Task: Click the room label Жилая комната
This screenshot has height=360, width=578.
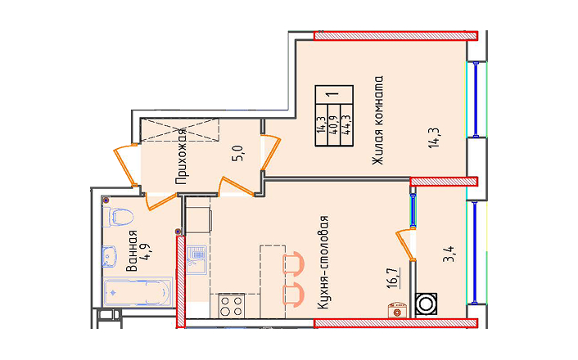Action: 378,120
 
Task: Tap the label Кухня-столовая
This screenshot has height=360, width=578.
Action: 323,263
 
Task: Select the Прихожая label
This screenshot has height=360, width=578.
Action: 181,156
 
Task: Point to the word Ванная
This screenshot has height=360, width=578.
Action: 132,250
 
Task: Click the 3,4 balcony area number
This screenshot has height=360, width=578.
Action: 449,254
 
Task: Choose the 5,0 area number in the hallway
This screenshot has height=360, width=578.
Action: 237,153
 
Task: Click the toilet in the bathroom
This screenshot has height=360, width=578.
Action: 118,217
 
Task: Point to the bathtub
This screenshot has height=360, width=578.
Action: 138,292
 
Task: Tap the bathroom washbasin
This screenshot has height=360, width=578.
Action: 110,256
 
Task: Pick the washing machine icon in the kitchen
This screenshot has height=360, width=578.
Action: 397,310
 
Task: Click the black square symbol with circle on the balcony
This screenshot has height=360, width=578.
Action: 426,304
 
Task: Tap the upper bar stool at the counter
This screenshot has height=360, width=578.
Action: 293,263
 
